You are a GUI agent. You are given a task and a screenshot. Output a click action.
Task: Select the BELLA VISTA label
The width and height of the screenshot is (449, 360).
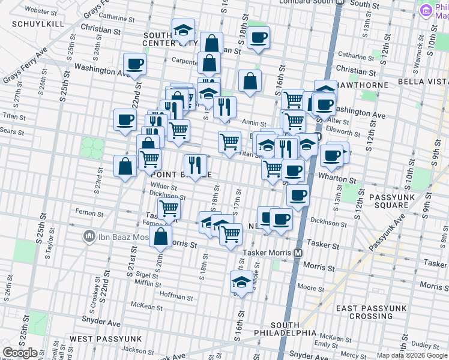[x=423, y=81]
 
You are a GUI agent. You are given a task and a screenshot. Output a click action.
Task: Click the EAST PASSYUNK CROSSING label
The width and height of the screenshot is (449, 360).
[x=364, y=312]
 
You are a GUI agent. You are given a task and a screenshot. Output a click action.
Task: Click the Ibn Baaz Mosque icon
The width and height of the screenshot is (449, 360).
[x=89, y=235]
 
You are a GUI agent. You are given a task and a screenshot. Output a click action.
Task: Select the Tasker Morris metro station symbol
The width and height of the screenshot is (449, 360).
[x=297, y=253]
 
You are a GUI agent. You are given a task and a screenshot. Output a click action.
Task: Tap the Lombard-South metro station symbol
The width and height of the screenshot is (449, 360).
[x=339, y=2]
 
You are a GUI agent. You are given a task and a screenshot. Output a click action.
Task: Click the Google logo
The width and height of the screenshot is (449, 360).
[x=20, y=353]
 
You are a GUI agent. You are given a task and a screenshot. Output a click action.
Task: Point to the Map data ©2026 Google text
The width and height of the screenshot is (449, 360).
[x=411, y=355]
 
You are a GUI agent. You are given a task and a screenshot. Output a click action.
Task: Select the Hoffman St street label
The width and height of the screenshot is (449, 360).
[x=177, y=296]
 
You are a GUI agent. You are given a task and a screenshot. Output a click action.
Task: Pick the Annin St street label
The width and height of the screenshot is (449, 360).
[x=249, y=122]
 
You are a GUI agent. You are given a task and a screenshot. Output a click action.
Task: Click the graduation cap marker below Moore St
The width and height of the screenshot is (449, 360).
[x=241, y=283]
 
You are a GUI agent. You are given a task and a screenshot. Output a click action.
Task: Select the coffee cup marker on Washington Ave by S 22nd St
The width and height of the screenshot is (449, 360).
[x=134, y=64]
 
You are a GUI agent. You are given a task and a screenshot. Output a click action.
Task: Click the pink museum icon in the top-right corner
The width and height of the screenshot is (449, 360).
[x=427, y=10]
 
